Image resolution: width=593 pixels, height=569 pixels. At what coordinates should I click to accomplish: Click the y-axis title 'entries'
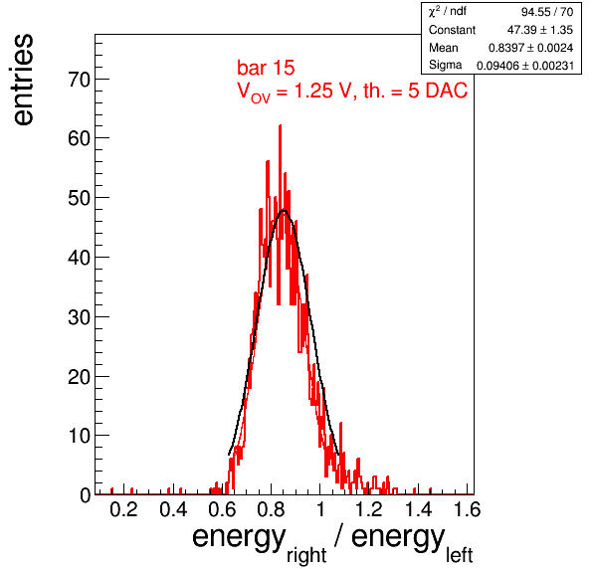tap(24, 80)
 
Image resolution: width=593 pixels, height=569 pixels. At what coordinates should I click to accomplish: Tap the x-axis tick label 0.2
tap(123, 509)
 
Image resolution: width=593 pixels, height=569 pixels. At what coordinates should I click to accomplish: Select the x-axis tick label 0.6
tap(222, 509)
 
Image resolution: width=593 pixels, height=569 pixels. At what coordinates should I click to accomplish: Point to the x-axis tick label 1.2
tap(369, 509)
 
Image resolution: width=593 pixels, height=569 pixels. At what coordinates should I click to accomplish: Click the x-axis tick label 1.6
tap(467, 509)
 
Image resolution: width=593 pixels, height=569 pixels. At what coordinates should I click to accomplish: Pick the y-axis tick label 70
tap(79, 80)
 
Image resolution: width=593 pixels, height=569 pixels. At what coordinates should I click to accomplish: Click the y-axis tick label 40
tap(79, 258)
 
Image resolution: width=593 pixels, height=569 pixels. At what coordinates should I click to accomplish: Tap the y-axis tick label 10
tap(79, 436)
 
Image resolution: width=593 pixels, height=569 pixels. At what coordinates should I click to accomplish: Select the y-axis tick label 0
tap(86, 495)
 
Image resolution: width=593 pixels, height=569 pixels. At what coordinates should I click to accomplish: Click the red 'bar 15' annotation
tap(266, 68)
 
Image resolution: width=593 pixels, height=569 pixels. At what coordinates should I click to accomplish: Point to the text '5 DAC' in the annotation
tap(438, 91)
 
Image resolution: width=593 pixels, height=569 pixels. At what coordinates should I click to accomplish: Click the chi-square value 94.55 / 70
tap(547, 12)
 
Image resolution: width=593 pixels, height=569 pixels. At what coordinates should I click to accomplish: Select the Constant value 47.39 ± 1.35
tap(540, 30)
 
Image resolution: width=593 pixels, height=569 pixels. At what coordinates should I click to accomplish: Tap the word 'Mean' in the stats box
tap(443, 48)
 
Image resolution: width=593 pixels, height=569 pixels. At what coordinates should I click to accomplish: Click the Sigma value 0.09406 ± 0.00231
tap(525, 66)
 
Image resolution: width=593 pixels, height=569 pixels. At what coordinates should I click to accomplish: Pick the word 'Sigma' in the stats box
tap(445, 65)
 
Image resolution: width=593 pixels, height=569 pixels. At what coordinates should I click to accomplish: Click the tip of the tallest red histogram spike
tap(280, 125)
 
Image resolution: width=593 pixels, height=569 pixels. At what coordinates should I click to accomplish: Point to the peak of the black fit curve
tap(284, 211)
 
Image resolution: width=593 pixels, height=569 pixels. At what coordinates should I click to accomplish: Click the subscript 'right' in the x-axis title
tap(306, 555)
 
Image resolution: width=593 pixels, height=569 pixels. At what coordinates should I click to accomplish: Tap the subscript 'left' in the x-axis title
tap(459, 555)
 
